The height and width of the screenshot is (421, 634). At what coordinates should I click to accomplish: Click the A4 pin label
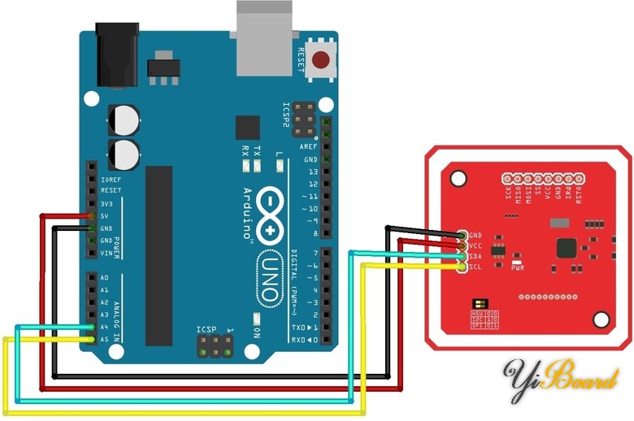(103, 327)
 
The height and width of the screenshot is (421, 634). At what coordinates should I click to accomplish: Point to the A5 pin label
(103, 339)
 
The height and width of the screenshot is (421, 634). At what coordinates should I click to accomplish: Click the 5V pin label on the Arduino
(105, 216)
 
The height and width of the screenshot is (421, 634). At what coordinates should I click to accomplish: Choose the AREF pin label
(309, 146)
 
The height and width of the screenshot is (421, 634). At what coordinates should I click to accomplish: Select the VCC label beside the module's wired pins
(476, 245)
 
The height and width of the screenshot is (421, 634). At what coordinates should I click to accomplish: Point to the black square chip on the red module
(566, 249)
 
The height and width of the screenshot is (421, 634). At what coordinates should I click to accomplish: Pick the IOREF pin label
(110, 179)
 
